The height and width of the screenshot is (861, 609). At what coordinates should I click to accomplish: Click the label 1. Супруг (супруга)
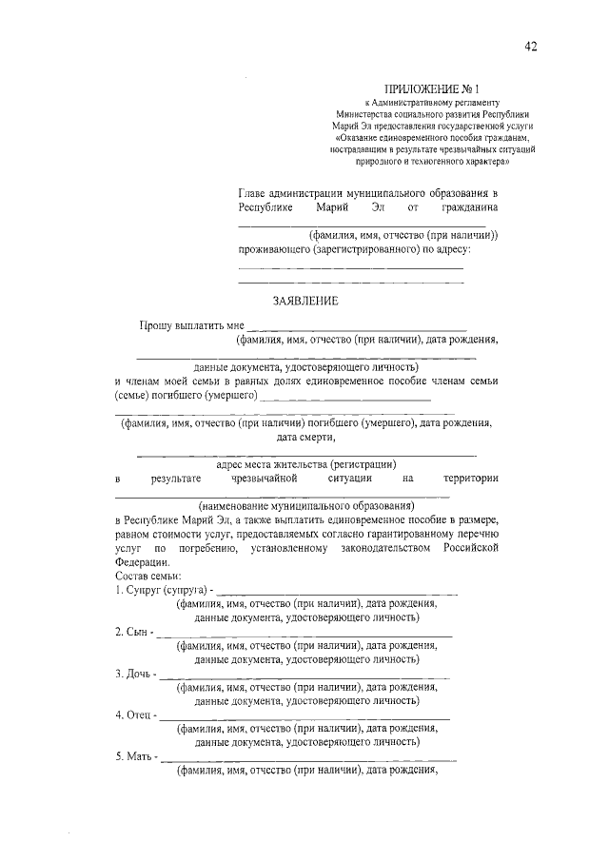(x=160, y=590)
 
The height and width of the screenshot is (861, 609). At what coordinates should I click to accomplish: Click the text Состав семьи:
(x=147, y=576)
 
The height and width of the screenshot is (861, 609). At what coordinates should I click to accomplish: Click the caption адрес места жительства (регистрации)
(x=305, y=464)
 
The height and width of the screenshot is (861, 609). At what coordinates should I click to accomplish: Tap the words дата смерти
(x=305, y=438)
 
